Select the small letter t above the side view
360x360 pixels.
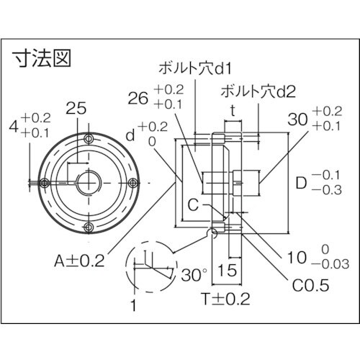(x=233, y=111)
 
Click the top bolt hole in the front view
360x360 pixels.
(x=88, y=139)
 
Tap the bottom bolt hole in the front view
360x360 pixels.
(x=88, y=228)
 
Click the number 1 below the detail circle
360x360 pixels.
(x=132, y=307)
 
